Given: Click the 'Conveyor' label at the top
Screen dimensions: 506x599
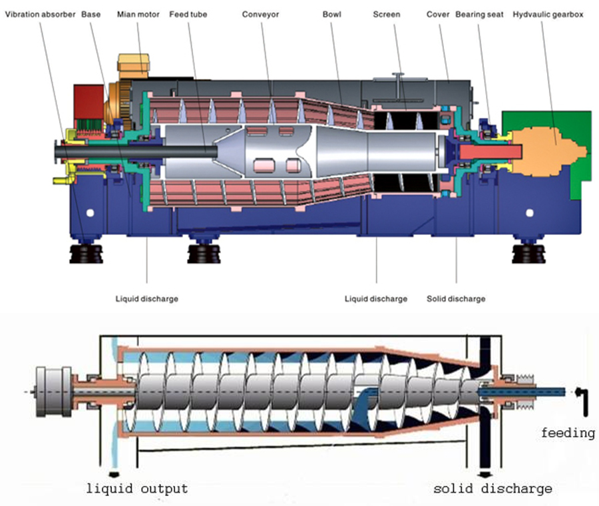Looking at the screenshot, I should pyautogui.click(x=260, y=14).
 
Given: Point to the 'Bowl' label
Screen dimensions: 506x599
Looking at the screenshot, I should pyautogui.click(x=331, y=14).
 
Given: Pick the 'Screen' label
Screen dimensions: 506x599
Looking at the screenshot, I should pyautogui.click(x=387, y=14).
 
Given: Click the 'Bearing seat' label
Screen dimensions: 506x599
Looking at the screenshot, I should pyautogui.click(x=479, y=14).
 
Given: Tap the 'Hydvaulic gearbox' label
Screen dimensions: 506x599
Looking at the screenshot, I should pyautogui.click(x=549, y=14).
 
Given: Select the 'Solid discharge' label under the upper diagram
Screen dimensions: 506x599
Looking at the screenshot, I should pyautogui.click(x=456, y=299).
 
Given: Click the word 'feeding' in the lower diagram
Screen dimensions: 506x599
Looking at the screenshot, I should pyautogui.click(x=568, y=433).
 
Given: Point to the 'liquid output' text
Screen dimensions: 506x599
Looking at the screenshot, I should pyautogui.click(x=137, y=489).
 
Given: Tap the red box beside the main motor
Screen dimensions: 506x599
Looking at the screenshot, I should pyautogui.click(x=87, y=103).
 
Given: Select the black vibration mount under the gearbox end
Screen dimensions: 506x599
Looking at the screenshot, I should pyautogui.click(x=530, y=256).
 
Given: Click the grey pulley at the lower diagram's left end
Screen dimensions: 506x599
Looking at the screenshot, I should pyautogui.click(x=55, y=392).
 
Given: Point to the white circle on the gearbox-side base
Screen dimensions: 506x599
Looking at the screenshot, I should pyautogui.click(x=530, y=214).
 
